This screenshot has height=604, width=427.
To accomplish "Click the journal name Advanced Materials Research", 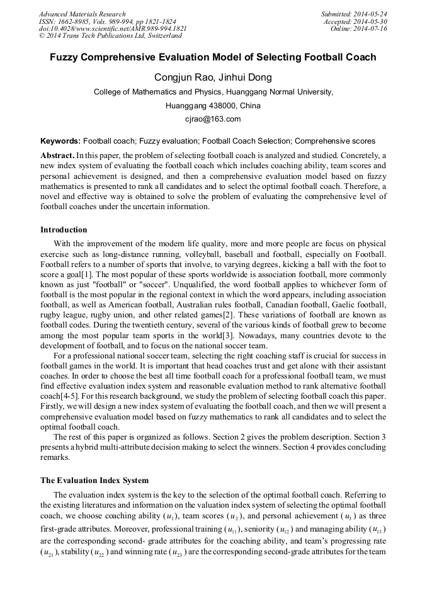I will click(82, 14).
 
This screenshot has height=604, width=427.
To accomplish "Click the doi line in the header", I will click(113, 29).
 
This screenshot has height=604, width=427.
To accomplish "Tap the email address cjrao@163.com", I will click(213, 119).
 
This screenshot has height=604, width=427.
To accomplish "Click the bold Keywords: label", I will click(60, 141).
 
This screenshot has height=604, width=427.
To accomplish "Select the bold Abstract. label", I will click(58, 155).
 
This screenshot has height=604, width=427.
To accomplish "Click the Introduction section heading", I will click(64, 230).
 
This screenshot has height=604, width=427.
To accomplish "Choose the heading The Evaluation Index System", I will click(94, 481).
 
